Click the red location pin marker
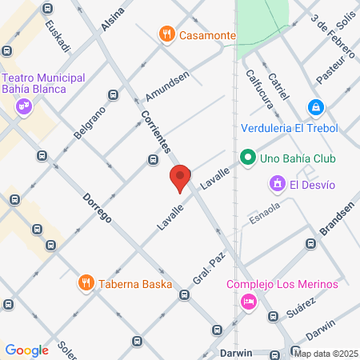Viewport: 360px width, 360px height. (180, 178)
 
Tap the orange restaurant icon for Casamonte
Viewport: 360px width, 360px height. (166, 35)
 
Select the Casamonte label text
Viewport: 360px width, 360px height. (207, 36)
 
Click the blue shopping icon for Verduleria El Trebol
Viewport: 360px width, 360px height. (316, 107)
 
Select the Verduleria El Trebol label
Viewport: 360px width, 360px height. (289, 128)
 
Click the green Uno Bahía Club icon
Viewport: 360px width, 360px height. (247, 158)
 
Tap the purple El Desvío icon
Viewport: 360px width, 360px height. (278, 185)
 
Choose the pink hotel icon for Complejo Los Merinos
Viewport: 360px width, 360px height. (248, 302)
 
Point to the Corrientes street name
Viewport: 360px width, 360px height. (158, 132)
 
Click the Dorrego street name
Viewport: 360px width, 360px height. (97, 206)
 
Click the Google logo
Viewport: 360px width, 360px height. (27, 350)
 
